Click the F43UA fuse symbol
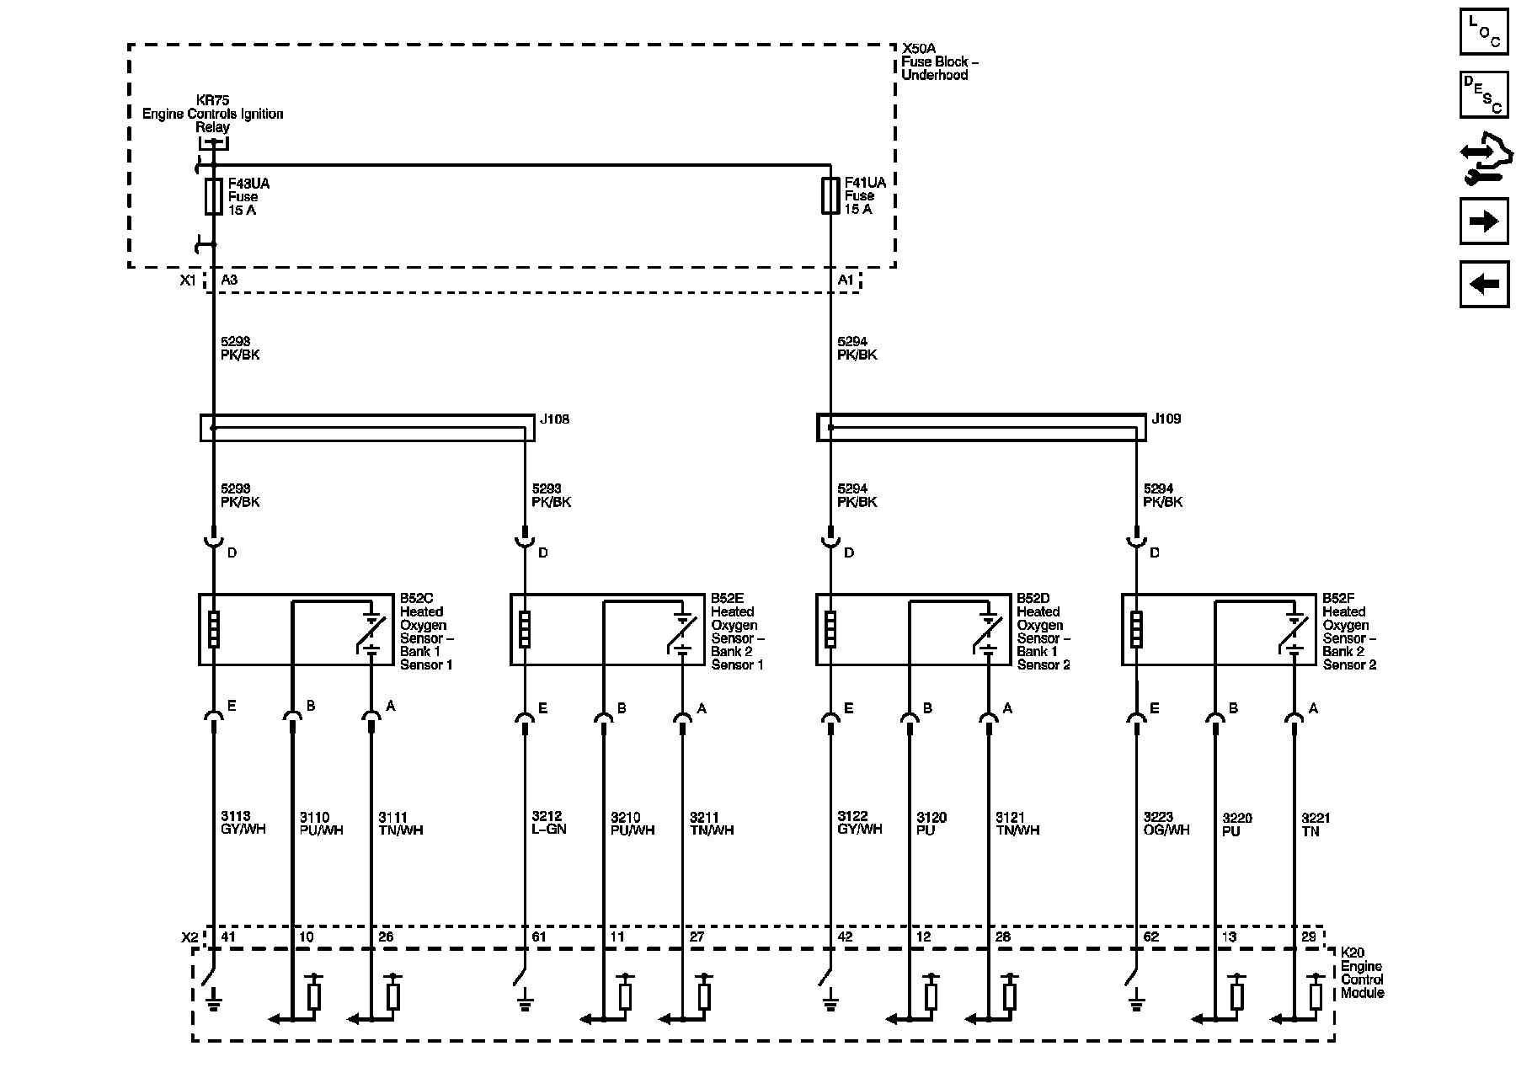214,196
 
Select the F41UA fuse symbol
830,195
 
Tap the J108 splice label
554,419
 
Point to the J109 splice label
1166,419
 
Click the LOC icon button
1483,32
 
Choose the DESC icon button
1483,94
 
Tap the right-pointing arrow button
1483,221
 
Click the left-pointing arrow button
1483,284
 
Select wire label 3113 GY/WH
243,823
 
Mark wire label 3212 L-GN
549,823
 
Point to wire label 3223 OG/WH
1166,824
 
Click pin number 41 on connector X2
228,937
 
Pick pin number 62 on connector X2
1150,937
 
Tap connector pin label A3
229,280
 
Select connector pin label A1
846,280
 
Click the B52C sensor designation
417,599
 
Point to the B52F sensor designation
1337,599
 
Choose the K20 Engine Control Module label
1361,973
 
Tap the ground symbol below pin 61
525,1002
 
